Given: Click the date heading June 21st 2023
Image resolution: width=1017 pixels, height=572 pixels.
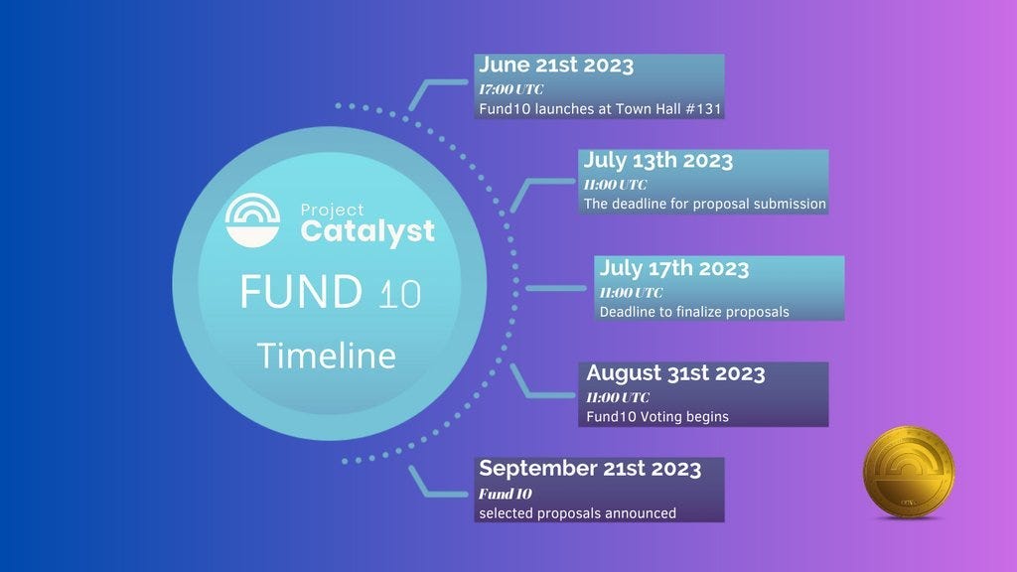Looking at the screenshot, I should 556,67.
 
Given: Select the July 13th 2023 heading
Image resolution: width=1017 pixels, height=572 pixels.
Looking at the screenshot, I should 658,161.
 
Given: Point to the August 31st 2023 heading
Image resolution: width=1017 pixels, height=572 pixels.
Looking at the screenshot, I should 675,373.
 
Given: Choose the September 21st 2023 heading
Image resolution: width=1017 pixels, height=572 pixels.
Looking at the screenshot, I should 590,469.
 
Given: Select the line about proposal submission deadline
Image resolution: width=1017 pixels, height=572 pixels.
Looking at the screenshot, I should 704,204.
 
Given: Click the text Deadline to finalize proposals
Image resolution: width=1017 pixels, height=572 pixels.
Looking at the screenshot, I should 694,312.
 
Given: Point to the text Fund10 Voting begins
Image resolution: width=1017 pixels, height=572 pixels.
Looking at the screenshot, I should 657,417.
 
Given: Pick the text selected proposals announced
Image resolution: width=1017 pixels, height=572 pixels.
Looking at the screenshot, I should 577,513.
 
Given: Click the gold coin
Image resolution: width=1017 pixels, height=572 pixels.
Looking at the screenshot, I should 909,472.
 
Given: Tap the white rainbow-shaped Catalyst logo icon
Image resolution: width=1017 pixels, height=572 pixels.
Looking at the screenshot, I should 253,219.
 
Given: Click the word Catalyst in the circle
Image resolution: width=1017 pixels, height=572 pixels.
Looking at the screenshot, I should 367,232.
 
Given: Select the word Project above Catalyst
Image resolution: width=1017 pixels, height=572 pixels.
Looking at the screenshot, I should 332,210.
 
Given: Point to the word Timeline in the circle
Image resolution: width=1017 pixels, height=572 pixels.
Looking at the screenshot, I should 326,356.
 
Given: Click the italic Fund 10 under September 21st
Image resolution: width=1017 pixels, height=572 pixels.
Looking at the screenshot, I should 506,494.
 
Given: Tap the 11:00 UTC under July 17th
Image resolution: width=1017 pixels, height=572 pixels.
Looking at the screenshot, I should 631,292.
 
